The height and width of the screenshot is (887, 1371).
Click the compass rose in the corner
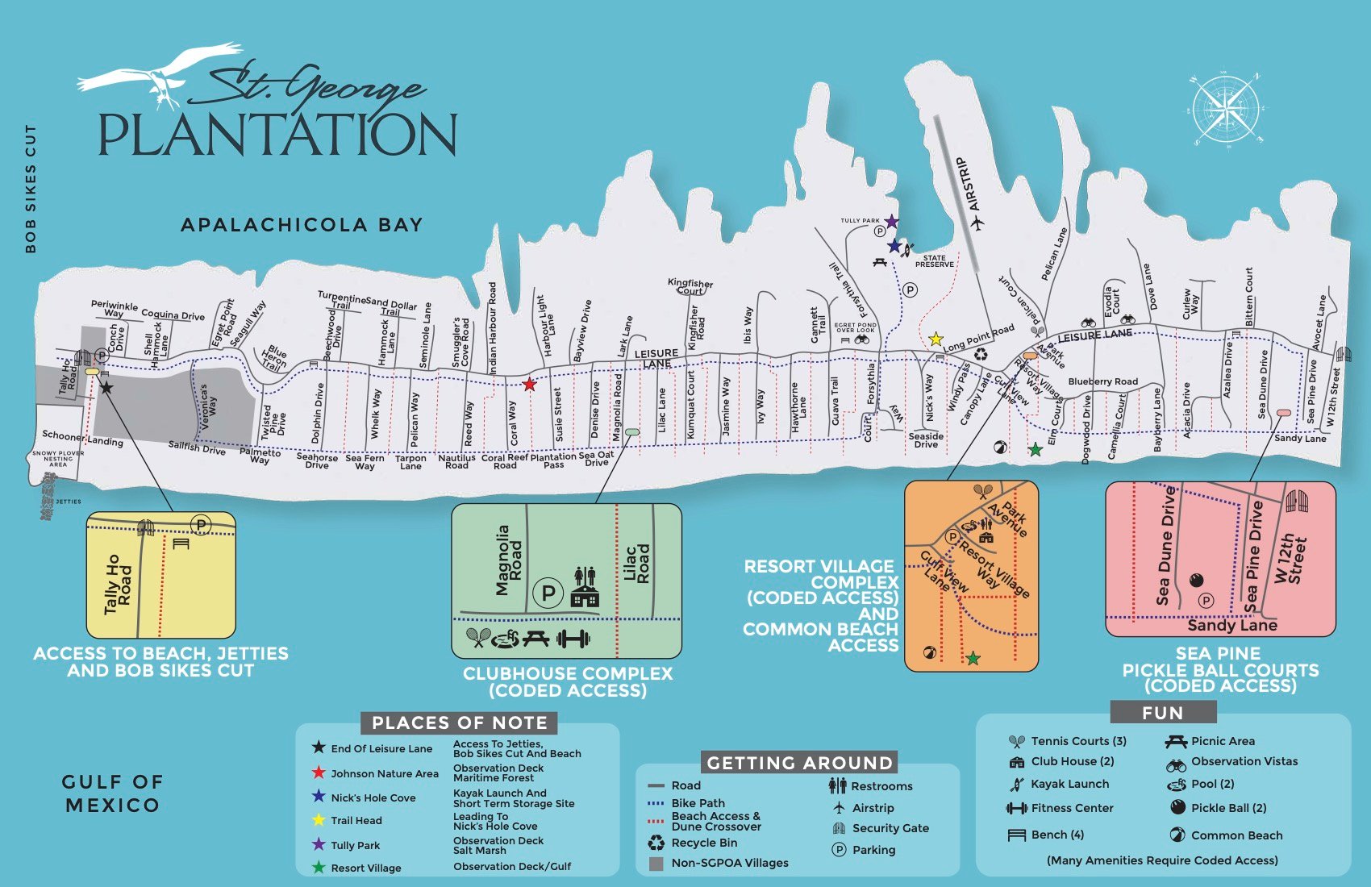[x=1224, y=110]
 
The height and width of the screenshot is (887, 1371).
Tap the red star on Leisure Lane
[x=529, y=385]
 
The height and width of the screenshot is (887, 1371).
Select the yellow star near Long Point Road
[x=936, y=339]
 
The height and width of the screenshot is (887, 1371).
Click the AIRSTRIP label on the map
[x=973, y=185]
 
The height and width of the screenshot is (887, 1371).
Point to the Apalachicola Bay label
[x=302, y=225]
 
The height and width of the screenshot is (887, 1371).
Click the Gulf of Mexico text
[x=113, y=793]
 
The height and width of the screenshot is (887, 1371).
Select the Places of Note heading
[x=460, y=723]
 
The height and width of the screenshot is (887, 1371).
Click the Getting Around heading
[x=799, y=763]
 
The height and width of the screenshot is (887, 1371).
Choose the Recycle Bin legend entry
[x=703, y=843]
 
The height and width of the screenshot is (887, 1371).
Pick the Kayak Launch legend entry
[x=1069, y=784]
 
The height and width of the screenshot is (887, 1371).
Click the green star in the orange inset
[x=973, y=659]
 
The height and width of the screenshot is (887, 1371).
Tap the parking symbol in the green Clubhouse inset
[x=548, y=593]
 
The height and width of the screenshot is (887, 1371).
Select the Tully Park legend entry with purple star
[x=355, y=845]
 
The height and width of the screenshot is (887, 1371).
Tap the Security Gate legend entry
[x=890, y=828]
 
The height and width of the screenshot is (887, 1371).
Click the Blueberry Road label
[x=1102, y=381]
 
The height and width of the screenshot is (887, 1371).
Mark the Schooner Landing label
[x=82, y=438]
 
